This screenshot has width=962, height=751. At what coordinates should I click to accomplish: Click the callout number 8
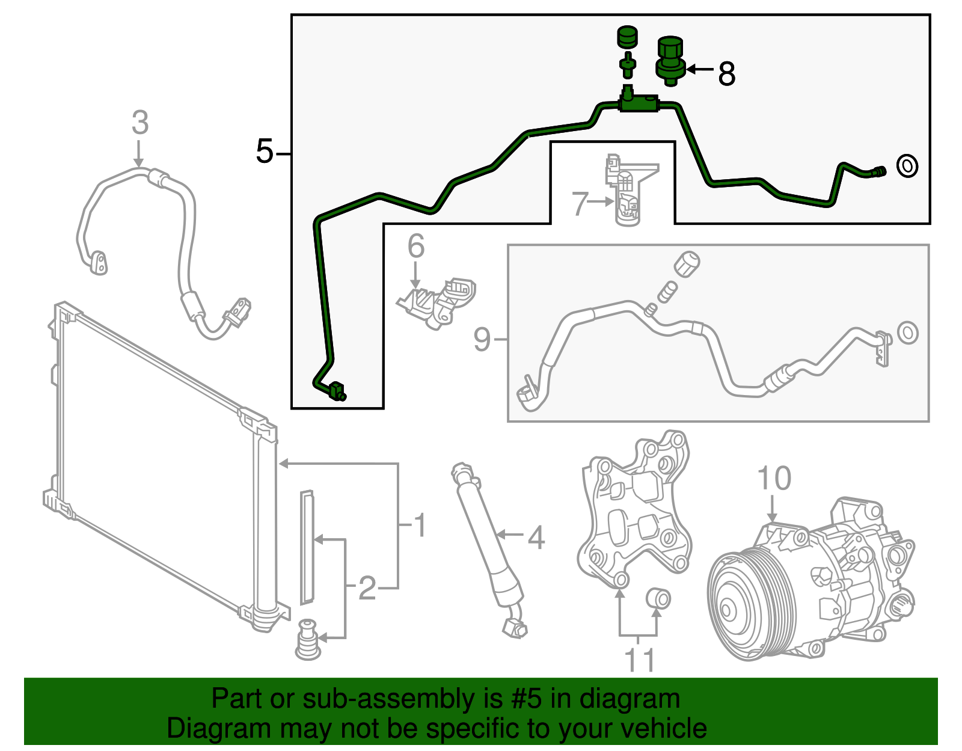coord(726,75)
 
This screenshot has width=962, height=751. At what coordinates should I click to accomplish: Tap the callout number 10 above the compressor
coord(774,479)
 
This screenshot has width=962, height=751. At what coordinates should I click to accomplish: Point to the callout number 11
coord(639,660)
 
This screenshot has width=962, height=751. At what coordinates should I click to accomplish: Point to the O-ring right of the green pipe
coord(907,165)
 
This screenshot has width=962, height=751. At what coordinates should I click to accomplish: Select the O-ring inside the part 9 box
coord(907,333)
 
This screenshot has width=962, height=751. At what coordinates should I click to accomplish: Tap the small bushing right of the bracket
coord(658,599)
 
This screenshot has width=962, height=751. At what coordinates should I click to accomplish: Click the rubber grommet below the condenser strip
coord(307,640)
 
